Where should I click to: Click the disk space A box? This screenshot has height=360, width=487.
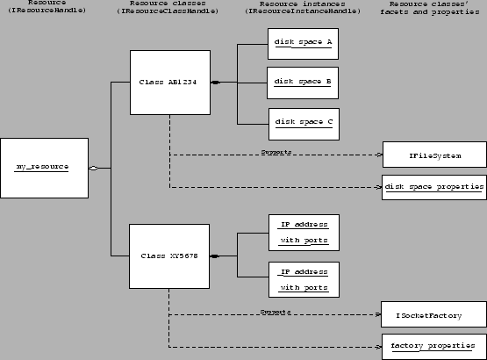tap(303, 42)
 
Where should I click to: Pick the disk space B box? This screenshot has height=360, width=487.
tap(303, 83)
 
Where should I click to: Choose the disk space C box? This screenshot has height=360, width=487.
tap(303, 123)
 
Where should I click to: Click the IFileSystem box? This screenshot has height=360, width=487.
tap(433, 156)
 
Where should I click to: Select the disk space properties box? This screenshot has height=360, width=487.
tap(433, 187)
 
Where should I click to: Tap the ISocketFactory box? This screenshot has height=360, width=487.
tap(433, 313)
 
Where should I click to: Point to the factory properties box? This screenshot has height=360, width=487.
tap(433, 344)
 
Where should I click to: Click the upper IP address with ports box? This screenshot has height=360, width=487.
tap(303, 231)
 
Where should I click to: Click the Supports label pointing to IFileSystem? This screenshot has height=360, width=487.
tap(276, 153)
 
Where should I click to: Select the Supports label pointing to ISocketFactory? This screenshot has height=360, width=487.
tap(276, 311)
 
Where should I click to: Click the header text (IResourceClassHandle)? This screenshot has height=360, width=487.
tap(168, 15)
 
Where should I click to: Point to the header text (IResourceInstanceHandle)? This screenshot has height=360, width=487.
tap(302, 15)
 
